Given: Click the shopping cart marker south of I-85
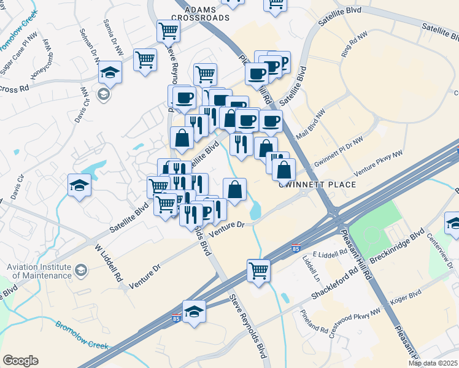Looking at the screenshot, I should click(x=259, y=270).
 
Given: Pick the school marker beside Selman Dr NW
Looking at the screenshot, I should click(x=110, y=73).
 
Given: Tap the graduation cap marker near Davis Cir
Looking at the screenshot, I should click(x=79, y=185).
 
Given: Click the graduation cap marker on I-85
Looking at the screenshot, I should click(x=194, y=312).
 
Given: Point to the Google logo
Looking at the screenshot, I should click(x=20, y=361).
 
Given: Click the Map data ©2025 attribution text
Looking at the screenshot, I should click(x=433, y=363).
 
